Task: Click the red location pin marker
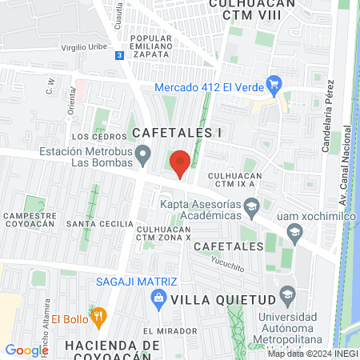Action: pyautogui.click(x=181, y=162)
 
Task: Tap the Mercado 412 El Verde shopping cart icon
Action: pyautogui.click(x=274, y=82)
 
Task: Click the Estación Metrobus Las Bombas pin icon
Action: pyautogui.click(x=143, y=152)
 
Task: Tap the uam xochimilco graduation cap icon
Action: pyautogui.click(x=294, y=232)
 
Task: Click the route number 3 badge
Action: pyautogui.click(x=119, y=55)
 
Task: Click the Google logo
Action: pyautogui.click(x=26, y=350)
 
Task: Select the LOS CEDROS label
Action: pyautogui.click(x=89, y=137)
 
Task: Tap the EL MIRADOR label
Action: pyautogui.click(x=170, y=330)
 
